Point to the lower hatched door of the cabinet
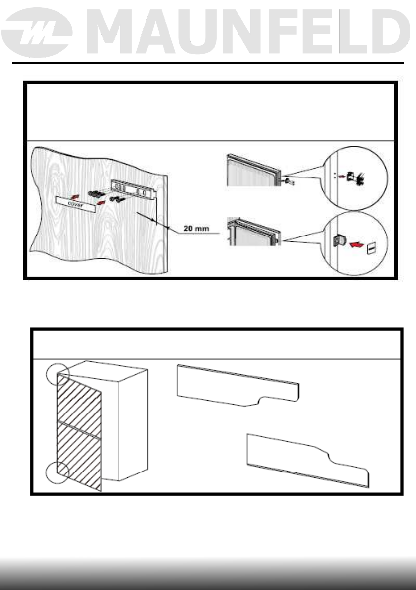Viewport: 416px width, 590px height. [80, 454]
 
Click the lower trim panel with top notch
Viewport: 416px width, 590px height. [307, 459]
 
